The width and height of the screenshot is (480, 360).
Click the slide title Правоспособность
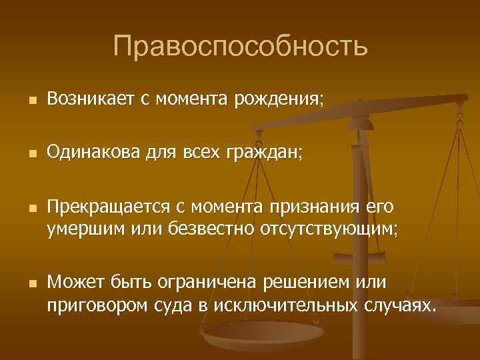pos(240,46)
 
